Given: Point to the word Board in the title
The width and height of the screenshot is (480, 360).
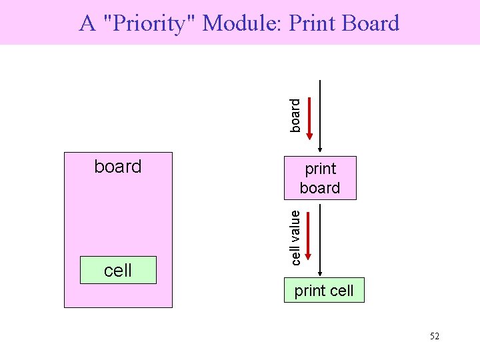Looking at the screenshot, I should click(369, 23).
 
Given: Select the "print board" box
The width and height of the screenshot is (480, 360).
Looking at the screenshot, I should click(320, 178).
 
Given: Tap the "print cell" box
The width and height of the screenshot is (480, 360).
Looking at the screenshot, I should click(324, 291).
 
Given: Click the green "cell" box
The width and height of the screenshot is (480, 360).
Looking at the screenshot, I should click(118, 270).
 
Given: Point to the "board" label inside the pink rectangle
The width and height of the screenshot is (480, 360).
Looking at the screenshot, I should click(118, 166).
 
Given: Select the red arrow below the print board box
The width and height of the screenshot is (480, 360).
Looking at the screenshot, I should click(310, 233).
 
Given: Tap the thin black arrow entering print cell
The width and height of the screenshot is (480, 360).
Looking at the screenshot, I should click(321, 240).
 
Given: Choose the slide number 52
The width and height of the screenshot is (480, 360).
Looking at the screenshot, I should click(434, 336).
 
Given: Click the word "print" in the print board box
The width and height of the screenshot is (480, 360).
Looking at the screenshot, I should click(320, 169).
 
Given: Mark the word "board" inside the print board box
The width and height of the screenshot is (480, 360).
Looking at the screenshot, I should click(320, 188).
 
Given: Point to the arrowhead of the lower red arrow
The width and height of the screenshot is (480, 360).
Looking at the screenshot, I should click(310, 257).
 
